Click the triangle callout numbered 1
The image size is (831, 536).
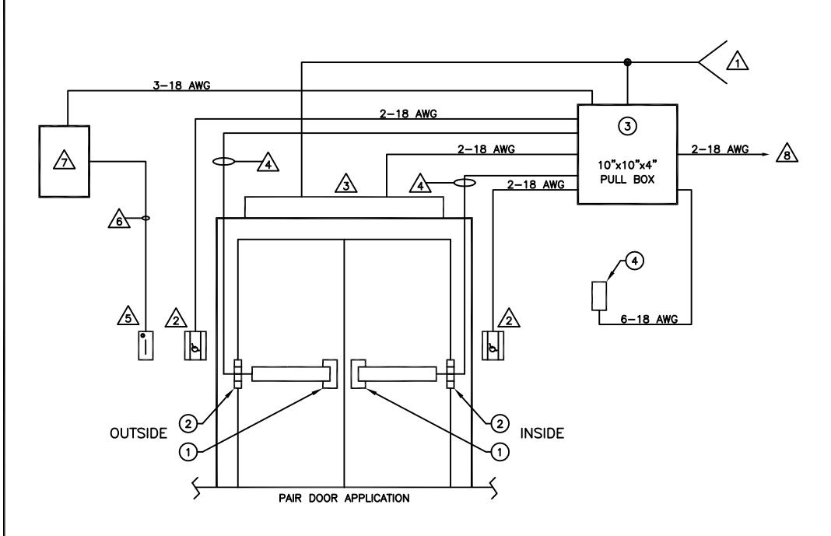(737, 61)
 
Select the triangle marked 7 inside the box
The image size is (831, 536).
(64, 160)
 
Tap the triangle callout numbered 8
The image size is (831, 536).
(787, 153)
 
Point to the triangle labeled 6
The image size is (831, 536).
(119, 219)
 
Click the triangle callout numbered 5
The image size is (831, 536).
(128, 316)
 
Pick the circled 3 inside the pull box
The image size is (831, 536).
(627, 127)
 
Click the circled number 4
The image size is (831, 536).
(634, 261)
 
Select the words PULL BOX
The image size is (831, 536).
(627, 180)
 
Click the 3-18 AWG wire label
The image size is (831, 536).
(181, 86)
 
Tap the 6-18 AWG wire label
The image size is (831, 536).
(649, 320)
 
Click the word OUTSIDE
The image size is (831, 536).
(138, 433)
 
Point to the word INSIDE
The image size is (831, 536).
(542, 433)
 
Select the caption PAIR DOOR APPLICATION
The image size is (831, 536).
(344, 499)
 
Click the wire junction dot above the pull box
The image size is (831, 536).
(627, 62)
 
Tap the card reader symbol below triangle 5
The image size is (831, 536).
(146, 345)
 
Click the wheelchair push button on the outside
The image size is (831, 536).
(195, 345)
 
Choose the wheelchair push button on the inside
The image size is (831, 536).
(493, 345)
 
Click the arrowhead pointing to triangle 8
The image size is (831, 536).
(765, 154)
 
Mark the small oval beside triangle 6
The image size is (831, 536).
(146, 219)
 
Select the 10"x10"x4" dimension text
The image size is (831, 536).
(627, 165)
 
